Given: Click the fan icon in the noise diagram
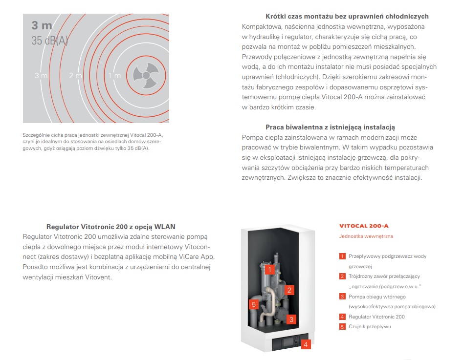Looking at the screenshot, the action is pyautogui.click(x=146, y=75).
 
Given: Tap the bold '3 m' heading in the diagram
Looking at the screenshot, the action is pyautogui.click(x=42, y=25).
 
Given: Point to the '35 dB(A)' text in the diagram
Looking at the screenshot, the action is pyautogui.click(x=50, y=41).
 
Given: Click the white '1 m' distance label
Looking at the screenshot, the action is pyautogui.click(x=114, y=76).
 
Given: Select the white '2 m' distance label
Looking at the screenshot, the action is pyautogui.click(x=75, y=76).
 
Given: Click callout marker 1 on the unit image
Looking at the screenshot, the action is pyautogui.click(x=269, y=270).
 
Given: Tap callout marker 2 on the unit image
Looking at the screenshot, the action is pyautogui.click(x=289, y=290).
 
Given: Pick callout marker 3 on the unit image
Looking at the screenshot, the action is pyautogui.click(x=291, y=319).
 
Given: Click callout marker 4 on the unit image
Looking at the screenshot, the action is pyautogui.click(x=306, y=344).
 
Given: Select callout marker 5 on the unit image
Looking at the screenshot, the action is pyautogui.click(x=254, y=304).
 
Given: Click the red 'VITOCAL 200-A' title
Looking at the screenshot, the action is pyautogui.click(x=364, y=226).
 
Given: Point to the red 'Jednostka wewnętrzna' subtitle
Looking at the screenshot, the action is pyautogui.click(x=366, y=236).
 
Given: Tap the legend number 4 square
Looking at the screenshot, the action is pyautogui.click(x=342, y=317).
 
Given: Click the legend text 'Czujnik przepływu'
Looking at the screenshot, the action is pyautogui.click(x=370, y=327).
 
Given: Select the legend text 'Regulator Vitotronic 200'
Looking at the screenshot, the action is pyautogui.click(x=376, y=317).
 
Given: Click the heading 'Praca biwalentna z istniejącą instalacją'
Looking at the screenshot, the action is pyautogui.click(x=330, y=127).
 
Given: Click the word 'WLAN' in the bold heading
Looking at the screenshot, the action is pyautogui.click(x=165, y=227).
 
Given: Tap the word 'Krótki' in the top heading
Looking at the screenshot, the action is pyautogui.click(x=276, y=16).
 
